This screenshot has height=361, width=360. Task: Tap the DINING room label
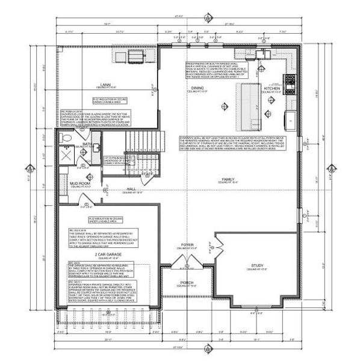[x=197, y=88]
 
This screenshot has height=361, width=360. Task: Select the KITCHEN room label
[x=272, y=88]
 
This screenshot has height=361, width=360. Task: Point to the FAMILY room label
[x=228, y=179]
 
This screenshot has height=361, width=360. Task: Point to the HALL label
[x=129, y=189]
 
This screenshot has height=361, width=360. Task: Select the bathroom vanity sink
[x=84, y=158]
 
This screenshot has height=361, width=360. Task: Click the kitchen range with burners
[x=291, y=78]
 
